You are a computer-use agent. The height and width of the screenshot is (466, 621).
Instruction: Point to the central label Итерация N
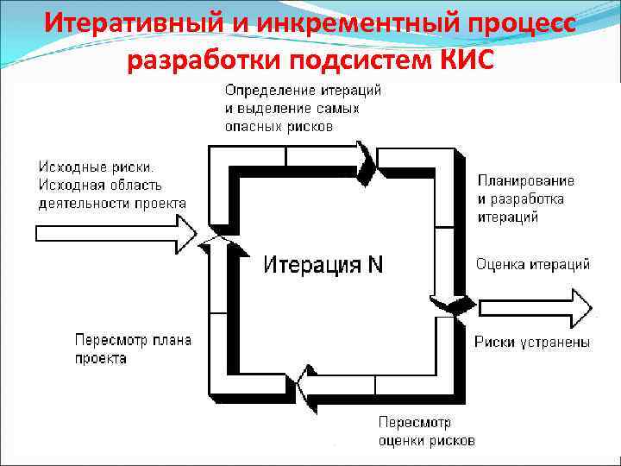pyautogui.click(x=323, y=264)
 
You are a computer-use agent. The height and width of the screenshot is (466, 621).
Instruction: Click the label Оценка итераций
pyautogui.click(x=532, y=264)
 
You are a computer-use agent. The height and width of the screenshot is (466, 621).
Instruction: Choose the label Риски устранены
pyautogui.click(x=532, y=343)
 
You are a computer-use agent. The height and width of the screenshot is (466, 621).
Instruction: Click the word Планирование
pyautogui.click(x=525, y=180)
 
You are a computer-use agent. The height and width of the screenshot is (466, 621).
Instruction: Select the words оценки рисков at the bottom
pyautogui.click(x=426, y=440)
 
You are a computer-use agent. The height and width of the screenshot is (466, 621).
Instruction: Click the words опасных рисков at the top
pyautogui.click(x=279, y=126)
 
